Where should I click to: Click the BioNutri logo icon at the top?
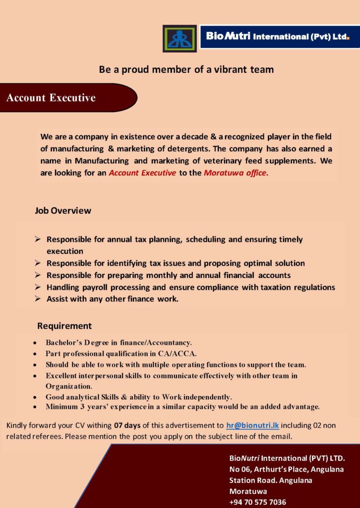pos(180,39)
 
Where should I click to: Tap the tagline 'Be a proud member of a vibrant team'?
pos(186,69)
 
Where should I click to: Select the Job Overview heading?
pos(63,210)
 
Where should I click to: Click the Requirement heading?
pos(64,326)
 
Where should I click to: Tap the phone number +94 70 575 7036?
pos(257,502)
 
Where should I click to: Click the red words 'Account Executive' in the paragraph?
pos(142,173)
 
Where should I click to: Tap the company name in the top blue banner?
pos(278,37)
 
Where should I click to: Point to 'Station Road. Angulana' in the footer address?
pos(271,480)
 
